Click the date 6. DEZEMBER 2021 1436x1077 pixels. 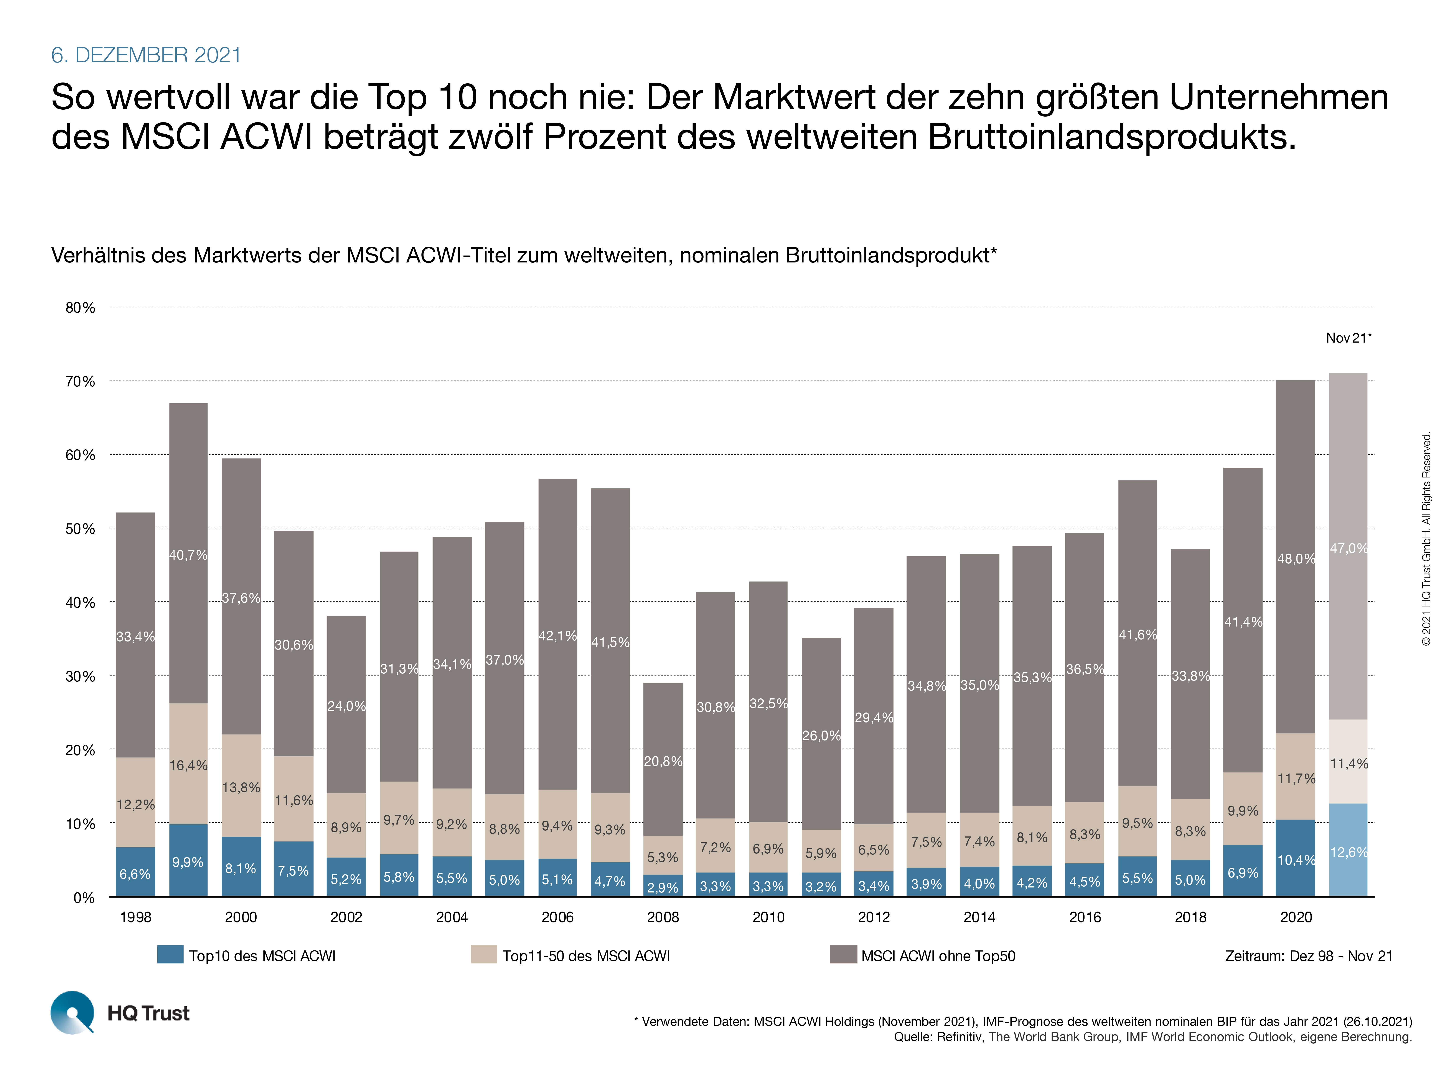[x=146, y=55]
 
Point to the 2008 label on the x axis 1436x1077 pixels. [x=663, y=917]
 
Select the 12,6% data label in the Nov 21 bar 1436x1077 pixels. [x=1348, y=852]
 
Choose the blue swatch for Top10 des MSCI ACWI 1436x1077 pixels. [x=170, y=954]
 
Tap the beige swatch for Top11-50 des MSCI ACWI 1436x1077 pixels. [x=484, y=954]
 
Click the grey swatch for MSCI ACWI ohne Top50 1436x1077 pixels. [x=843, y=954]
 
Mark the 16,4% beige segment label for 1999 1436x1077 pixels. [x=188, y=765]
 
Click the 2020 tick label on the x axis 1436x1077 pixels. [x=1296, y=917]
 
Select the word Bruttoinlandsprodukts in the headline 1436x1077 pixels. [x=1111, y=137]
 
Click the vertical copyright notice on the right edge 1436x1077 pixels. [x=1426, y=539]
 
